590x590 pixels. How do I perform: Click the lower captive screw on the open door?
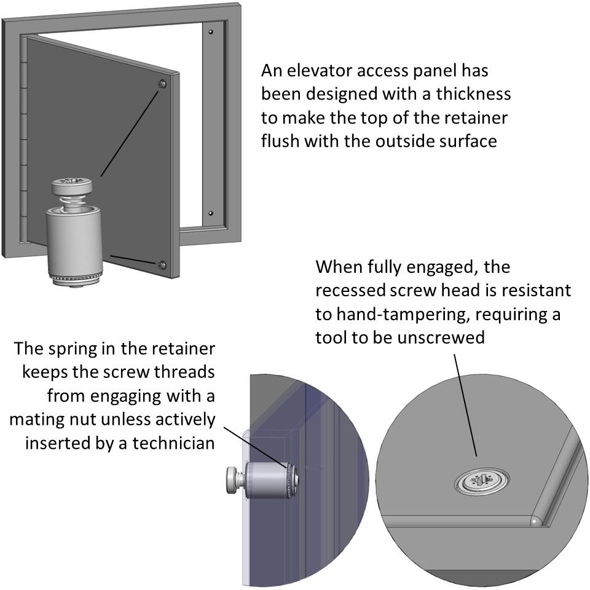click(161, 265)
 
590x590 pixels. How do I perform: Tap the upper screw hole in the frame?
click(211, 31)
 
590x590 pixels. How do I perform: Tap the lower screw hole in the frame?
click(211, 213)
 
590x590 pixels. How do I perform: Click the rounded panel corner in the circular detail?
click(535, 519)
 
